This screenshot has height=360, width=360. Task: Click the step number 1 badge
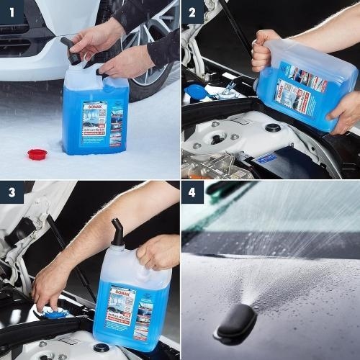pos(12,12)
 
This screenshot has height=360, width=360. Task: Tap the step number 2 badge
pos(192,12)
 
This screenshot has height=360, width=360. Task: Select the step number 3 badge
pos(12,192)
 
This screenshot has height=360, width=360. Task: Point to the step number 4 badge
pos(192,192)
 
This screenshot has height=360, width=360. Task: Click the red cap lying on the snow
pos(37,154)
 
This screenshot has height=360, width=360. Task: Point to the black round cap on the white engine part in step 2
pos(273,127)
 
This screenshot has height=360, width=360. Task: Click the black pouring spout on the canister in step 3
pos(117,232)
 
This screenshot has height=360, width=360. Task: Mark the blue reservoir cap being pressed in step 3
pos(56,312)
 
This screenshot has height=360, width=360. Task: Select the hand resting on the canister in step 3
pos(157,252)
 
